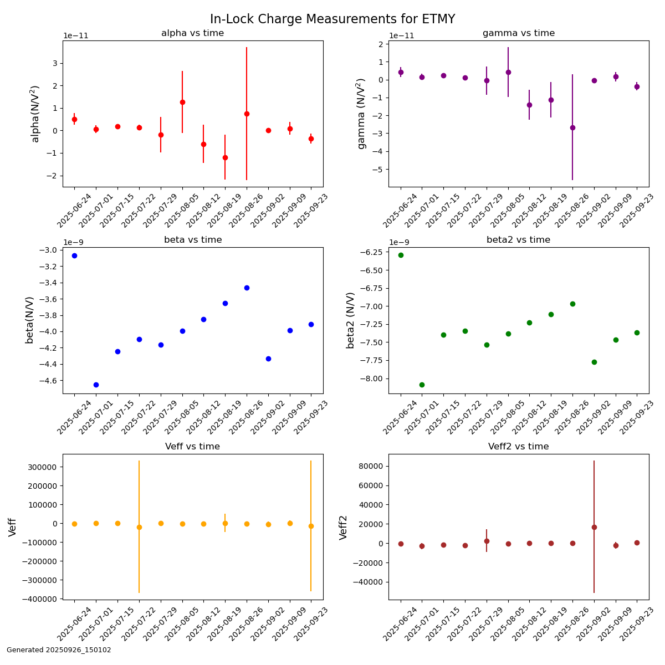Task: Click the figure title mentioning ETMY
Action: click(x=332, y=19)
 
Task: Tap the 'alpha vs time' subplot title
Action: click(x=192, y=33)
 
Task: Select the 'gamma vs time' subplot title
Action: click(x=518, y=33)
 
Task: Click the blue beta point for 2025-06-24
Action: click(x=74, y=255)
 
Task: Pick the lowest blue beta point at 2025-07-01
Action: click(x=96, y=385)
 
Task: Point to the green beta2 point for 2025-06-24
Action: click(x=401, y=255)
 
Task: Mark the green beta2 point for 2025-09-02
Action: click(x=594, y=362)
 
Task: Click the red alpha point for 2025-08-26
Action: click(x=247, y=114)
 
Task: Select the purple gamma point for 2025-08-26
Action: click(x=572, y=127)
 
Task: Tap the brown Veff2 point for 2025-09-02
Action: click(x=594, y=527)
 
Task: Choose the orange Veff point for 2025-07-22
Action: click(x=139, y=527)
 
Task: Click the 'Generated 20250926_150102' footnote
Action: click(x=59, y=650)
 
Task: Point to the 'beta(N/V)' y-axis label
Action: click(x=29, y=320)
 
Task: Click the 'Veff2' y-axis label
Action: click(x=344, y=527)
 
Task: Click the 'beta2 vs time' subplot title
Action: click(x=518, y=240)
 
